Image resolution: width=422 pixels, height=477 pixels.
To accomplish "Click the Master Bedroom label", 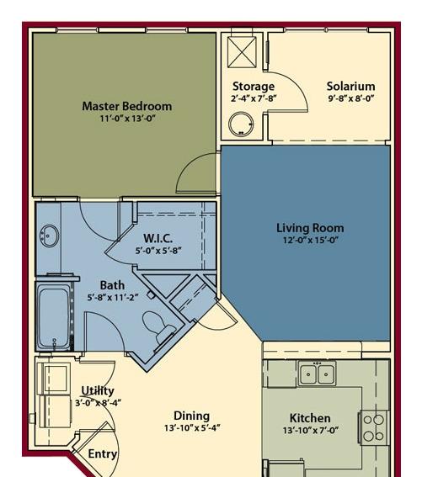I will (126, 106).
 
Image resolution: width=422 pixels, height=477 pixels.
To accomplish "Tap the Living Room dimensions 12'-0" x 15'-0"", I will (310, 241).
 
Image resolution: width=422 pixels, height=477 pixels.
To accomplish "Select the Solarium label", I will (350, 86).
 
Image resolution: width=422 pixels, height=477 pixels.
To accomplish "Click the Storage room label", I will (254, 86).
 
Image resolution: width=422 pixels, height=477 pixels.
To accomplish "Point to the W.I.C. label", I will (158, 238).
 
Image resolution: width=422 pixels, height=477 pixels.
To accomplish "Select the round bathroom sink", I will (49, 236).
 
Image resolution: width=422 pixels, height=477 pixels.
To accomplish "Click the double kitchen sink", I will (318, 374).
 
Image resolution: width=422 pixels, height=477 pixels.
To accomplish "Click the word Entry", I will (103, 453).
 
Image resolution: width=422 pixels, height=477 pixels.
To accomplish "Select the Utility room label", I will (98, 390).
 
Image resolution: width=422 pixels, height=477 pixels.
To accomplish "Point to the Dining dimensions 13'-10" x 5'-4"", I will (191, 429).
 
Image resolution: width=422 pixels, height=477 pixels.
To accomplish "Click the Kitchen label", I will (310, 418).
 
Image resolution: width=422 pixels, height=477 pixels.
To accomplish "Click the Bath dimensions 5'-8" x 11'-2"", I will (113, 298).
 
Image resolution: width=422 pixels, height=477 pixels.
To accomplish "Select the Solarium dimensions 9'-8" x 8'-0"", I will (350, 98).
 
